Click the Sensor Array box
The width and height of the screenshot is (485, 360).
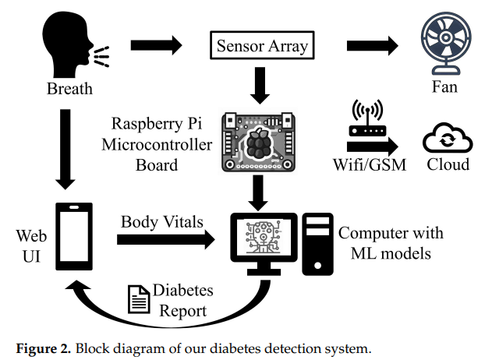pyautogui.click(x=260, y=45)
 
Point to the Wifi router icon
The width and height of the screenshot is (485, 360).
pyautogui.click(x=364, y=118)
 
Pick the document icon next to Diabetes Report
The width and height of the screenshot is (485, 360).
pyautogui.click(x=138, y=298)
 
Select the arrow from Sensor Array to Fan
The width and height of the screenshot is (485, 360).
pyautogui.click(x=373, y=44)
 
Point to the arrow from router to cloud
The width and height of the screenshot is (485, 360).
pyautogui.click(x=373, y=146)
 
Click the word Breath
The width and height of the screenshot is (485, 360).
pyautogui.click(x=69, y=88)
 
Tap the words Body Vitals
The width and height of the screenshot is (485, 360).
pyautogui.click(x=161, y=221)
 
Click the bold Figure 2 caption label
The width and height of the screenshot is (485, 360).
pyautogui.click(x=39, y=346)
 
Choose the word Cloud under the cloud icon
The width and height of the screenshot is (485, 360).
pyautogui.click(x=448, y=164)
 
